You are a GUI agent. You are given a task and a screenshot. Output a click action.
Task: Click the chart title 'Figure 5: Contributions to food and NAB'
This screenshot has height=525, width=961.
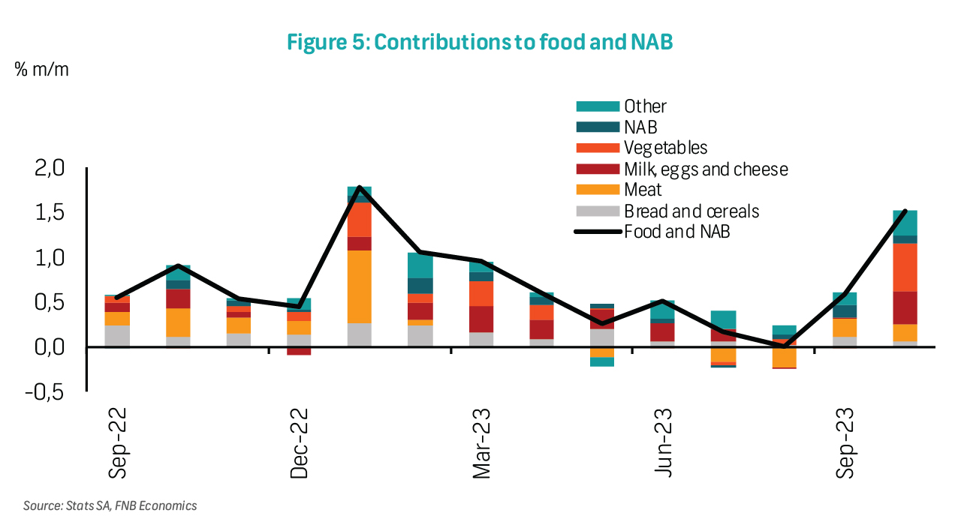(480, 43)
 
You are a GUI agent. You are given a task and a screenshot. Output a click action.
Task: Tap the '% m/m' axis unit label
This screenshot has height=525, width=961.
(41, 70)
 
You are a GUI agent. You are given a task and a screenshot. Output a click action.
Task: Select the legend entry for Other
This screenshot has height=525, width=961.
(645, 106)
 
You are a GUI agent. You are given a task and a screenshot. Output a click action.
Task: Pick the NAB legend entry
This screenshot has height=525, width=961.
(640, 127)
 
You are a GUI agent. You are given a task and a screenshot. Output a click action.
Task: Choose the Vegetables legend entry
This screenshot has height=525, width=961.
(665, 148)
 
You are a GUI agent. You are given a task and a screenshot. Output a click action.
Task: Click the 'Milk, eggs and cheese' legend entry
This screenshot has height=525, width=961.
(706, 169)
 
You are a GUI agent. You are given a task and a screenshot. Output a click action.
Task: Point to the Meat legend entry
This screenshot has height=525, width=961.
(643, 190)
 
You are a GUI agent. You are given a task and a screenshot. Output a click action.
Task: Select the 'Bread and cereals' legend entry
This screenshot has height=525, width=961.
(691, 211)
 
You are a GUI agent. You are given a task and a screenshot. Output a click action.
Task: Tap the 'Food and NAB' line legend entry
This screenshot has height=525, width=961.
(677, 232)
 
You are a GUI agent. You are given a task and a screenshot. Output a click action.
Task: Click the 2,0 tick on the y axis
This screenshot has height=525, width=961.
(51, 168)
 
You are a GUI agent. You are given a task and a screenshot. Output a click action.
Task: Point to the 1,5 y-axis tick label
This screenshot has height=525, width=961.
(51, 213)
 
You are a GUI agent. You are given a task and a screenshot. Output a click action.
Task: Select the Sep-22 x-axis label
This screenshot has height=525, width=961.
(118, 443)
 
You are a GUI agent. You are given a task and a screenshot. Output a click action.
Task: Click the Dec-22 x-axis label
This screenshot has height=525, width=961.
(300, 443)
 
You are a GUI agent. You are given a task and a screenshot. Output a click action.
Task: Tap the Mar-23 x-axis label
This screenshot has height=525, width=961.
(481, 443)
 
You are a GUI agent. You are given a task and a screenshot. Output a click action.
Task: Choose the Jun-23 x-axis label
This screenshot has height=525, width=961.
(663, 443)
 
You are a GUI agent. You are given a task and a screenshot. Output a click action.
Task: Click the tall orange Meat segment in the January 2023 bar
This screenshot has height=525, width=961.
(359, 286)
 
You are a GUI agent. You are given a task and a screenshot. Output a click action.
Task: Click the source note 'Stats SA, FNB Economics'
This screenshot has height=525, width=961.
(110, 505)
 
